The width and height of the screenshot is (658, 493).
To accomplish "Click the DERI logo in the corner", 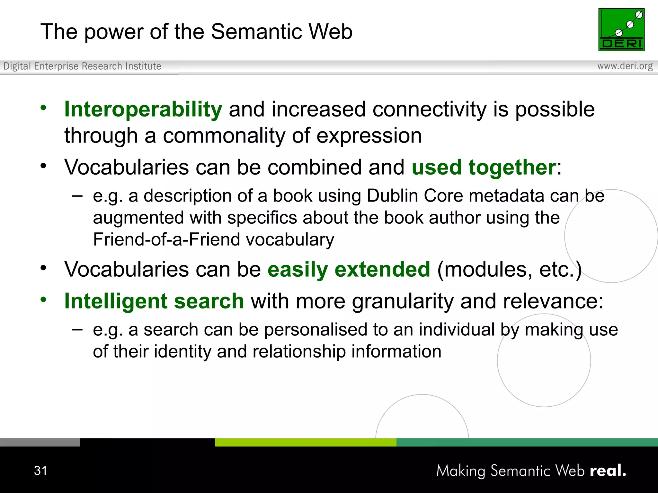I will pos(621,30).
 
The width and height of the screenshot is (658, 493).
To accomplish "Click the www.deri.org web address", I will pos(625,66).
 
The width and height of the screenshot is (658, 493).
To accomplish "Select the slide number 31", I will pos(40,471).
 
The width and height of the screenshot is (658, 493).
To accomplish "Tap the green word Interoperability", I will pos(143,109).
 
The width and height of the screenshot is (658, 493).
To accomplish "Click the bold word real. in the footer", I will pos(608,471).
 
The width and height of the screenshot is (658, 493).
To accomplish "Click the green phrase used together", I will pos(484,167).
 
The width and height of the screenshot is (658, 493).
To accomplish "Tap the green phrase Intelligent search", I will pos(154,301).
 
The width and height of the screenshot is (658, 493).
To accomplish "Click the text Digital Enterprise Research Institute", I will pos(82,66).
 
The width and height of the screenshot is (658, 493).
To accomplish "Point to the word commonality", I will pos(224,136).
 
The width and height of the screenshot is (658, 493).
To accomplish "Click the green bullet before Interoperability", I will pos(43,108).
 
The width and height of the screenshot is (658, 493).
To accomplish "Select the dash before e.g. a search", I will pos(77,329).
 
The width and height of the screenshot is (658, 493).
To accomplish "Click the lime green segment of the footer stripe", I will pos(305,442).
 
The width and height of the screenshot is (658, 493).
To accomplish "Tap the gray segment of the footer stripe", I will pos(40,442).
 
